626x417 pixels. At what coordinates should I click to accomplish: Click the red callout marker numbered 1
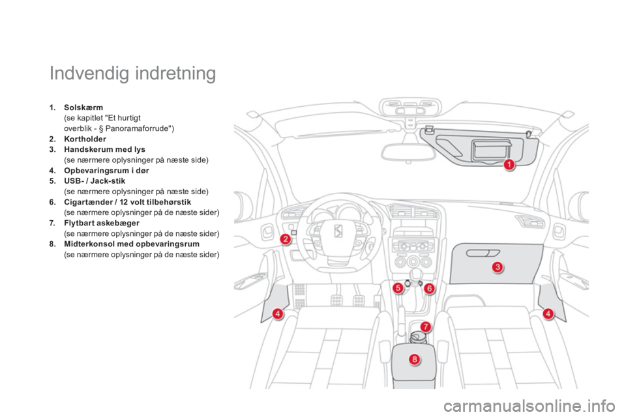coord(509,164)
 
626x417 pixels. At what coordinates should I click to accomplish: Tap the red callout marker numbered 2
coord(285,239)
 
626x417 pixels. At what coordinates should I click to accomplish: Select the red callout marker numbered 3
coord(498,266)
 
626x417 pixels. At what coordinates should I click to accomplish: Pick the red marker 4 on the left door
coord(278,313)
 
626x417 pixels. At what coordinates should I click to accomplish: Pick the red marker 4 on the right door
coord(548,313)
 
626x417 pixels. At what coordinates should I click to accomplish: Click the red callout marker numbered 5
coord(398,288)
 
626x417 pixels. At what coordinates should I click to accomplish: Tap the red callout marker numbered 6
coord(429,288)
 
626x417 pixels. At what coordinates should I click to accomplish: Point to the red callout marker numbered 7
coord(426,327)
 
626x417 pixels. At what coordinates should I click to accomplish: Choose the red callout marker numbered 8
coord(415,360)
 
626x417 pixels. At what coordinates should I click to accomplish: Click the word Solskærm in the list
coord(83,108)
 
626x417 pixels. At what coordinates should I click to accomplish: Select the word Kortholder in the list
coord(85,139)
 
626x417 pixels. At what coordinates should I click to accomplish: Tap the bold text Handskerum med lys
coord(104,149)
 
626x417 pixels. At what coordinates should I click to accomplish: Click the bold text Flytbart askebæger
coord(102,223)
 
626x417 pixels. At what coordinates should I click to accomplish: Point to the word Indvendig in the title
coord(89,73)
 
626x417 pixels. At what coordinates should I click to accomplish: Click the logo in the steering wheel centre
coord(338,231)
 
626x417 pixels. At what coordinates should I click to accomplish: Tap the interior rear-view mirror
coord(408,152)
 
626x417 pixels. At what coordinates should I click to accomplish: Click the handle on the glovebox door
coord(483,253)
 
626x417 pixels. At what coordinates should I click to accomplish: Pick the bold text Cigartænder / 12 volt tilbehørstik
coord(128,202)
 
